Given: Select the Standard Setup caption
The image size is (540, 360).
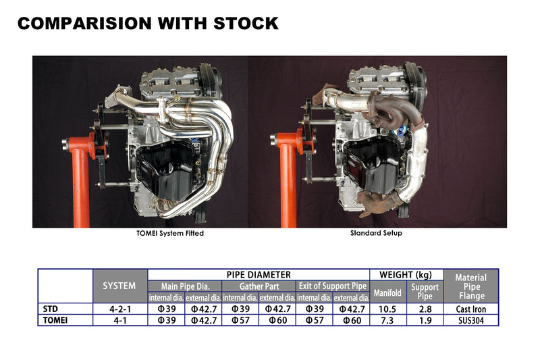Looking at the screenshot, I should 377,234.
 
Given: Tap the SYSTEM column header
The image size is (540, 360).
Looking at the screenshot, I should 119,286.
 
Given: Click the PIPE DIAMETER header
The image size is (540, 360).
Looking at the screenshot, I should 258,275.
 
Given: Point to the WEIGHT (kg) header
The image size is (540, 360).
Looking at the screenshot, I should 406,275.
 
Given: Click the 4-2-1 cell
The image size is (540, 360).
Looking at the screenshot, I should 119,309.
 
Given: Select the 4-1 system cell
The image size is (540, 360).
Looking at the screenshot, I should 119,319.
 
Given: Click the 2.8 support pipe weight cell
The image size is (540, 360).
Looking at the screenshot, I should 425,309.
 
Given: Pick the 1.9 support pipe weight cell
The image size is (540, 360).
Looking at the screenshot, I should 425,319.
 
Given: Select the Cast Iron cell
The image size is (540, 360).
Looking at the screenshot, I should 470,309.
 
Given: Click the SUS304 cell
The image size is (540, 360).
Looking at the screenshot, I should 470,319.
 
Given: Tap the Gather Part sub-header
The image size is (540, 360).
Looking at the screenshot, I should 259,286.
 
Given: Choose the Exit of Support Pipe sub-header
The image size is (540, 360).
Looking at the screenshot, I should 332,286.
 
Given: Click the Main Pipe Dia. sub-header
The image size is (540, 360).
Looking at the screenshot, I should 184,286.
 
